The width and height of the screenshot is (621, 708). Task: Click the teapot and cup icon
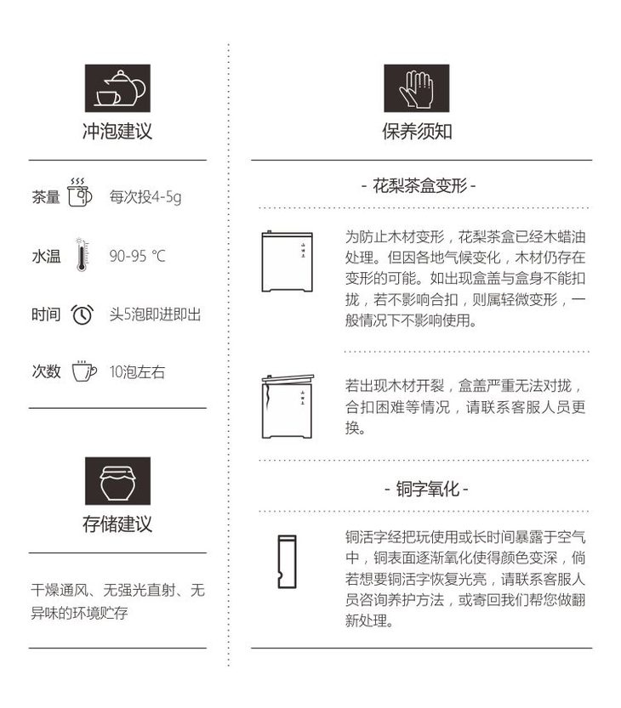coord(117,88)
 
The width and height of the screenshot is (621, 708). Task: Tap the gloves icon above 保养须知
coord(416,88)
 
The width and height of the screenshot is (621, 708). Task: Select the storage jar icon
coord(117,480)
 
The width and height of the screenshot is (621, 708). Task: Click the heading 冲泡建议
coord(117,131)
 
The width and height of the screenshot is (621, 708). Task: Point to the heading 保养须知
coord(417,131)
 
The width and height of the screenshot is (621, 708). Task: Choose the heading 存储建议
coord(117,524)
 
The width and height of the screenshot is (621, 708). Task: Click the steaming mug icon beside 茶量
coord(80,192)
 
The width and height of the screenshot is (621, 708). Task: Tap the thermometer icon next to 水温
coord(82,254)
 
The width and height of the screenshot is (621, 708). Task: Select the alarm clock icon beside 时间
coord(83,314)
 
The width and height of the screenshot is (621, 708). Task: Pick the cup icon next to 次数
coord(84,371)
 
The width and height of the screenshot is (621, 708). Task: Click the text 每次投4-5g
coord(145,197)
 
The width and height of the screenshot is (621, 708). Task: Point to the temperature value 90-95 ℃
coord(138,256)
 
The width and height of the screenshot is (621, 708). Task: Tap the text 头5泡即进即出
coord(155,314)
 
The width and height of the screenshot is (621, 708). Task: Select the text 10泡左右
coord(138,371)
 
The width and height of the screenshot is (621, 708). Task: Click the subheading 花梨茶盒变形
coord(420,185)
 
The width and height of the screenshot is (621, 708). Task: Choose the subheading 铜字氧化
coord(427,489)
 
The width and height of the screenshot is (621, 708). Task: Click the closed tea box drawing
coord(288,262)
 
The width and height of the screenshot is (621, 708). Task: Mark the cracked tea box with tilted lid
coord(288,406)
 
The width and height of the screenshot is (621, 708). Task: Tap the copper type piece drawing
coord(287,562)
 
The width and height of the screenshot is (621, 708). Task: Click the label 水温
coord(46,256)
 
